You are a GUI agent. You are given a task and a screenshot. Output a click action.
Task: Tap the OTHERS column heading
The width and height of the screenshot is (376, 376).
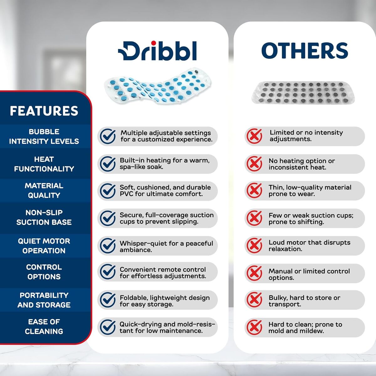click(x=305, y=50)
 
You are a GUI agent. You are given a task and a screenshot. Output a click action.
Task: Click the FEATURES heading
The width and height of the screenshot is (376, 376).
click(x=44, y=111)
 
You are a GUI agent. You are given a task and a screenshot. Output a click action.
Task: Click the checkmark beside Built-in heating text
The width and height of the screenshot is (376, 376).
click(x=108, y=164)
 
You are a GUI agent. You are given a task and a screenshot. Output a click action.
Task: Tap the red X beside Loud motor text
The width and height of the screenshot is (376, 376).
click(x=254, y=245)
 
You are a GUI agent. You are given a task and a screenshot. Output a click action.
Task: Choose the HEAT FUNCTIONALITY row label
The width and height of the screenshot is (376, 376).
click(x=44, y=164)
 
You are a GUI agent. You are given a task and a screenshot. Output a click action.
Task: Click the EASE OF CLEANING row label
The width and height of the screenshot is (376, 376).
click(x=44, y=326)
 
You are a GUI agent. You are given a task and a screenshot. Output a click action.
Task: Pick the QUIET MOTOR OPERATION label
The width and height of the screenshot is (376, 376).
click(x=44, y=246)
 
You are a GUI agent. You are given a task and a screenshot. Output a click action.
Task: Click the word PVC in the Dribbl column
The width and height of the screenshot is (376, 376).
click(x=127, y=194)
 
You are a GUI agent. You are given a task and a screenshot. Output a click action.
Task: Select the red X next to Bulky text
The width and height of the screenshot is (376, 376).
click(x=254, y=300)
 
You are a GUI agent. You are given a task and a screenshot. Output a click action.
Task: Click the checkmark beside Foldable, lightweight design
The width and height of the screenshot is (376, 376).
click(x=108, y=300)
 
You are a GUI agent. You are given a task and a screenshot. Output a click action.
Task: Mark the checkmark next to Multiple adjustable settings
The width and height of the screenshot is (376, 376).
click(x=108, y=136)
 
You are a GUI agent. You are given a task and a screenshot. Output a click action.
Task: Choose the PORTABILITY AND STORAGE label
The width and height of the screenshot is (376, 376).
click(x=44, y=300)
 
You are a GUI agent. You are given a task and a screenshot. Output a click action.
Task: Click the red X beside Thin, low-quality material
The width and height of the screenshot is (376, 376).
click(x=254, y=191)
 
